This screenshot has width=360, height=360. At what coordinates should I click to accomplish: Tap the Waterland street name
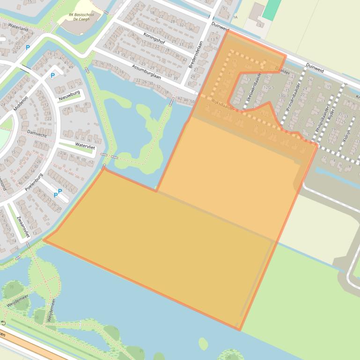(18, 29)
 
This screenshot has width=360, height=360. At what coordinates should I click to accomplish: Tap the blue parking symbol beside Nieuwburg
(52, 75)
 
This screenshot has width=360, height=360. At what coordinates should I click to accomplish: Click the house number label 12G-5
(268, 87)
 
